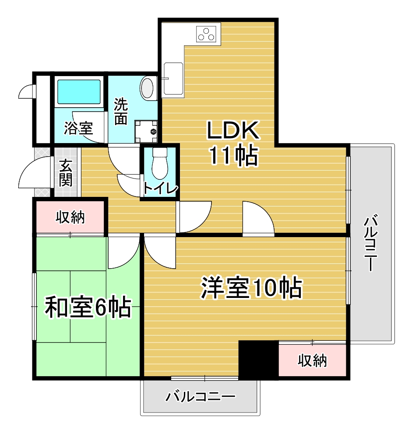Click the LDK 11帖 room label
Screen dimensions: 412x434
(x=233, y=143)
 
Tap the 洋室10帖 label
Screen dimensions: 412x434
(x=251, y=287)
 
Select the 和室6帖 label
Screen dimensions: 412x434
(x=88, y=307)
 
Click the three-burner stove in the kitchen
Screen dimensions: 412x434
(x=206, y=34)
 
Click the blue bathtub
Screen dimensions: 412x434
(x=79, y=92)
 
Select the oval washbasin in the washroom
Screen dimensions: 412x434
(x=147, y=88)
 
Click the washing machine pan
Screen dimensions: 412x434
(x=146, y=132)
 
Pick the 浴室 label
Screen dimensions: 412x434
(x=78, y=129)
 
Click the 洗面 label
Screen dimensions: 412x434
(x=121, y=111)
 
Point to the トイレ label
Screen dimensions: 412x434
(x=160, y=189)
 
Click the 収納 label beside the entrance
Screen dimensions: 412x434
(x=70, y=217)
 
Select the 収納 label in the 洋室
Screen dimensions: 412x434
(x=312, y=360)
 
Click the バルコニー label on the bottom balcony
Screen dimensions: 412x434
(x=201, y=397)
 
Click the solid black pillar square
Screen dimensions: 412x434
(x=258, y=360)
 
